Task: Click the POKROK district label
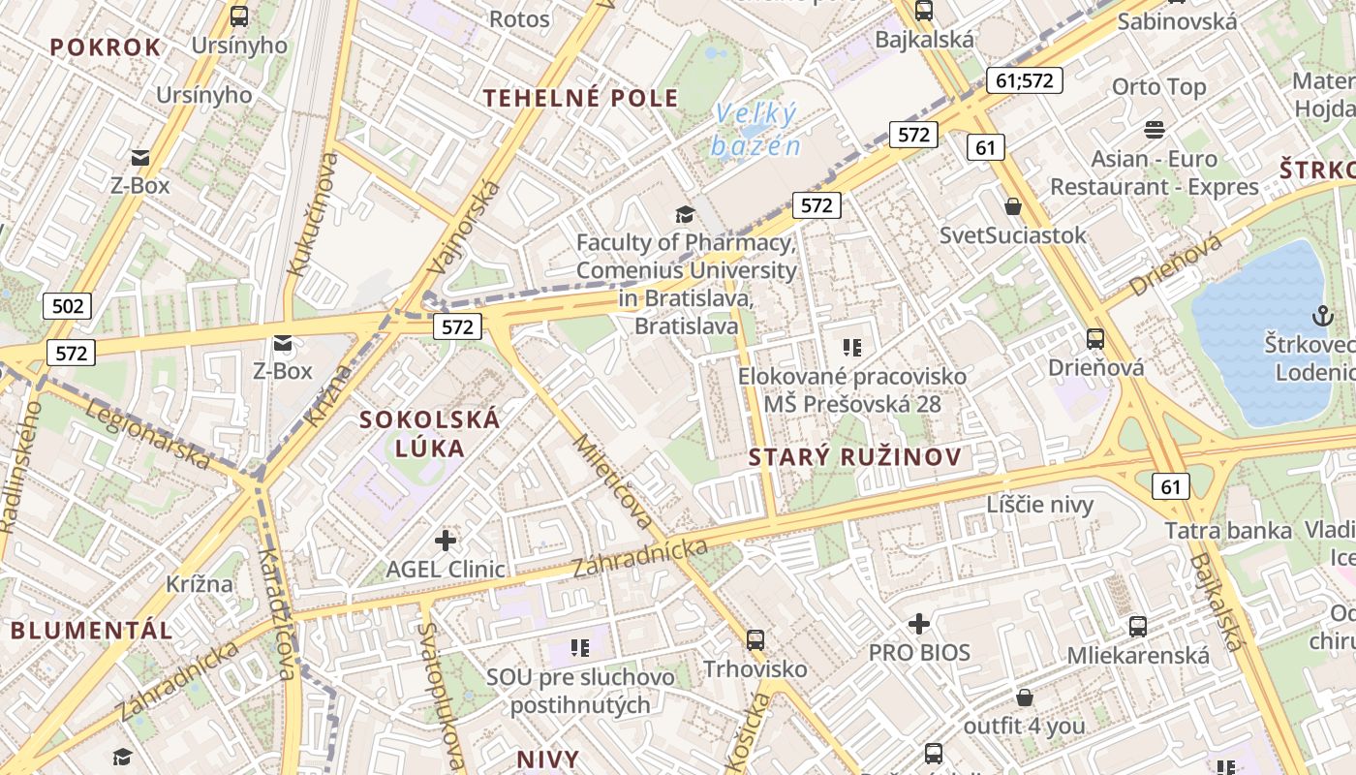pyautogui.click(x=105, y=47)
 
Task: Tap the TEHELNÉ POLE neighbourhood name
pyautogui.click(x=581, y=98)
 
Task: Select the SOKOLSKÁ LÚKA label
pyautogui.click(x=430, y=433)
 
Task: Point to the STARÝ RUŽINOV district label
pyautogui.click(x=855, y=457)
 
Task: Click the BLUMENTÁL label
pyautogui.click(x=92, y=630)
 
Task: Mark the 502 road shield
pyautogui.click(x=68, y=307)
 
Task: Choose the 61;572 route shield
pyautogui.click(x=1024, y=80)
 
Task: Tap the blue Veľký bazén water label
pyautogui.click(x=756, y=130)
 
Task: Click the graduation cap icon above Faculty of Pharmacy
pyautogui.click(x=686, y=214)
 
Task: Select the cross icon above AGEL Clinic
pyautogui.click(x=446, y=541)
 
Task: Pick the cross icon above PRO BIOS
pyautogui.click(x=919, y=624)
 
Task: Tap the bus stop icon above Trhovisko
pyautogui.click(x=755, y=640)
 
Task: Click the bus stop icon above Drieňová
pyautogui.click(x=1095, y=339)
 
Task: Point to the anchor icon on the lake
pyautogui.click(x=1321, y=315)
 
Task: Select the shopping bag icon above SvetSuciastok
pyautogui.click(x=1013, y=206)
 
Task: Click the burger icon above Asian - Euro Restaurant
pyautogui.click(x=1154, y=129)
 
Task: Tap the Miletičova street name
pyautogui.click(x=614, y=481)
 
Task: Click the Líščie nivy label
pyautogui.click(x=1039, y=504)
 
